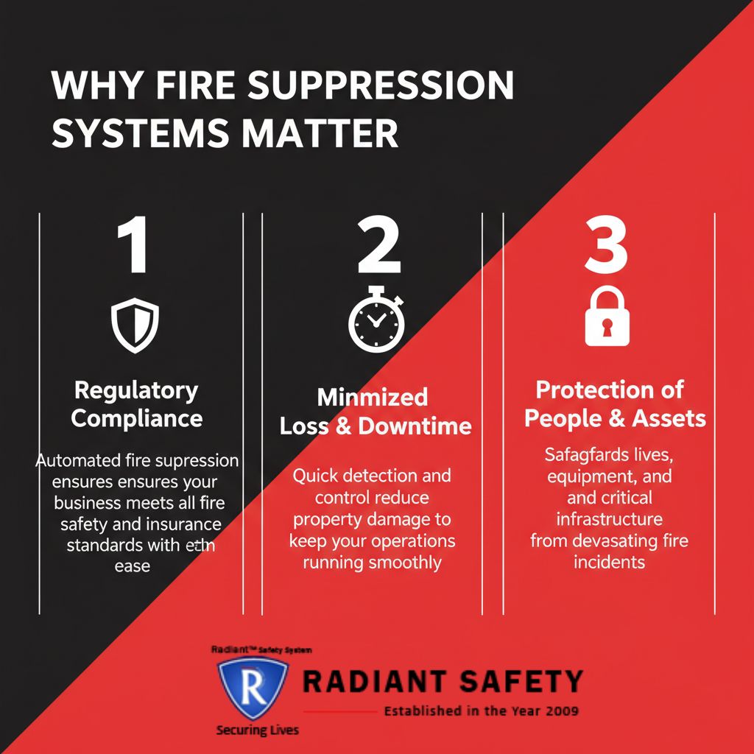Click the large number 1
(x=133, y=248)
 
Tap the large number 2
(x=378, y=248)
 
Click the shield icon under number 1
(x=135, y=325)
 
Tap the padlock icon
(x=607, y=317)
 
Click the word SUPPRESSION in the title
(x=381, y=86)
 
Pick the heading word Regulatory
(x=136, y=390)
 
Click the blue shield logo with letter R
(x=252, y=688)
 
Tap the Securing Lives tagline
(x=257, y=730)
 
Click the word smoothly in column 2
(x=406, y=563)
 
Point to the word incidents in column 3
(x=609, y=562)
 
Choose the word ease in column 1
(x=133, y=565)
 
